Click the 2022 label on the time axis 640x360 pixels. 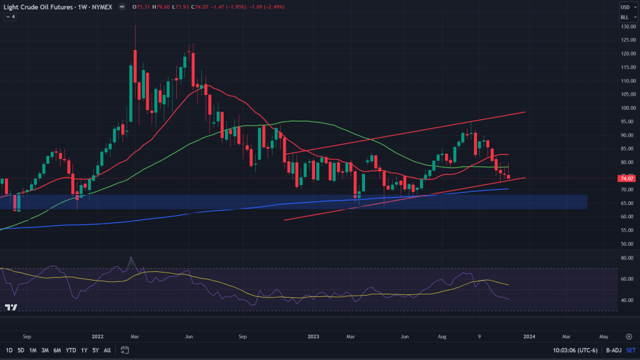pos(97,336)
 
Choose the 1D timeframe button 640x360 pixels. pos(9,350)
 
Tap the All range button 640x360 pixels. pos(107,350)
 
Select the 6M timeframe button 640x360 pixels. pos(57,350)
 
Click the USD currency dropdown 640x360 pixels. pos(624,7)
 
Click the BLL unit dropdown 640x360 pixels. pos(624,17)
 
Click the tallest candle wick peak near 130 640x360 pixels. pos(136,26)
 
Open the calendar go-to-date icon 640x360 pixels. pos(125,350)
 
